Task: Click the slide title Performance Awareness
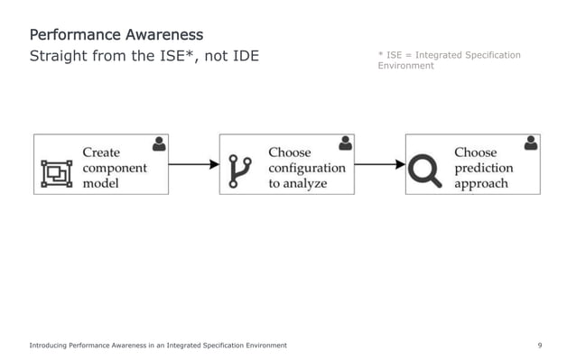point(116,35)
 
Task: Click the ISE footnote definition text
point(449,60)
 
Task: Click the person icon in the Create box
point(160,143)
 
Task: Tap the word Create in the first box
point(101,152)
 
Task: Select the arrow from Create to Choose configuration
point(193,164)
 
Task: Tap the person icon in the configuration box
point(345,143)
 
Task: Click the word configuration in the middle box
point(306,168)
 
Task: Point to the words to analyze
point(297,183)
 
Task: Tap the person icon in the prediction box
point(531,143)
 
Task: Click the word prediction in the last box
point(483,168)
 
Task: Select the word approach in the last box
point(480,183)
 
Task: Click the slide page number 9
point(539,346)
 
